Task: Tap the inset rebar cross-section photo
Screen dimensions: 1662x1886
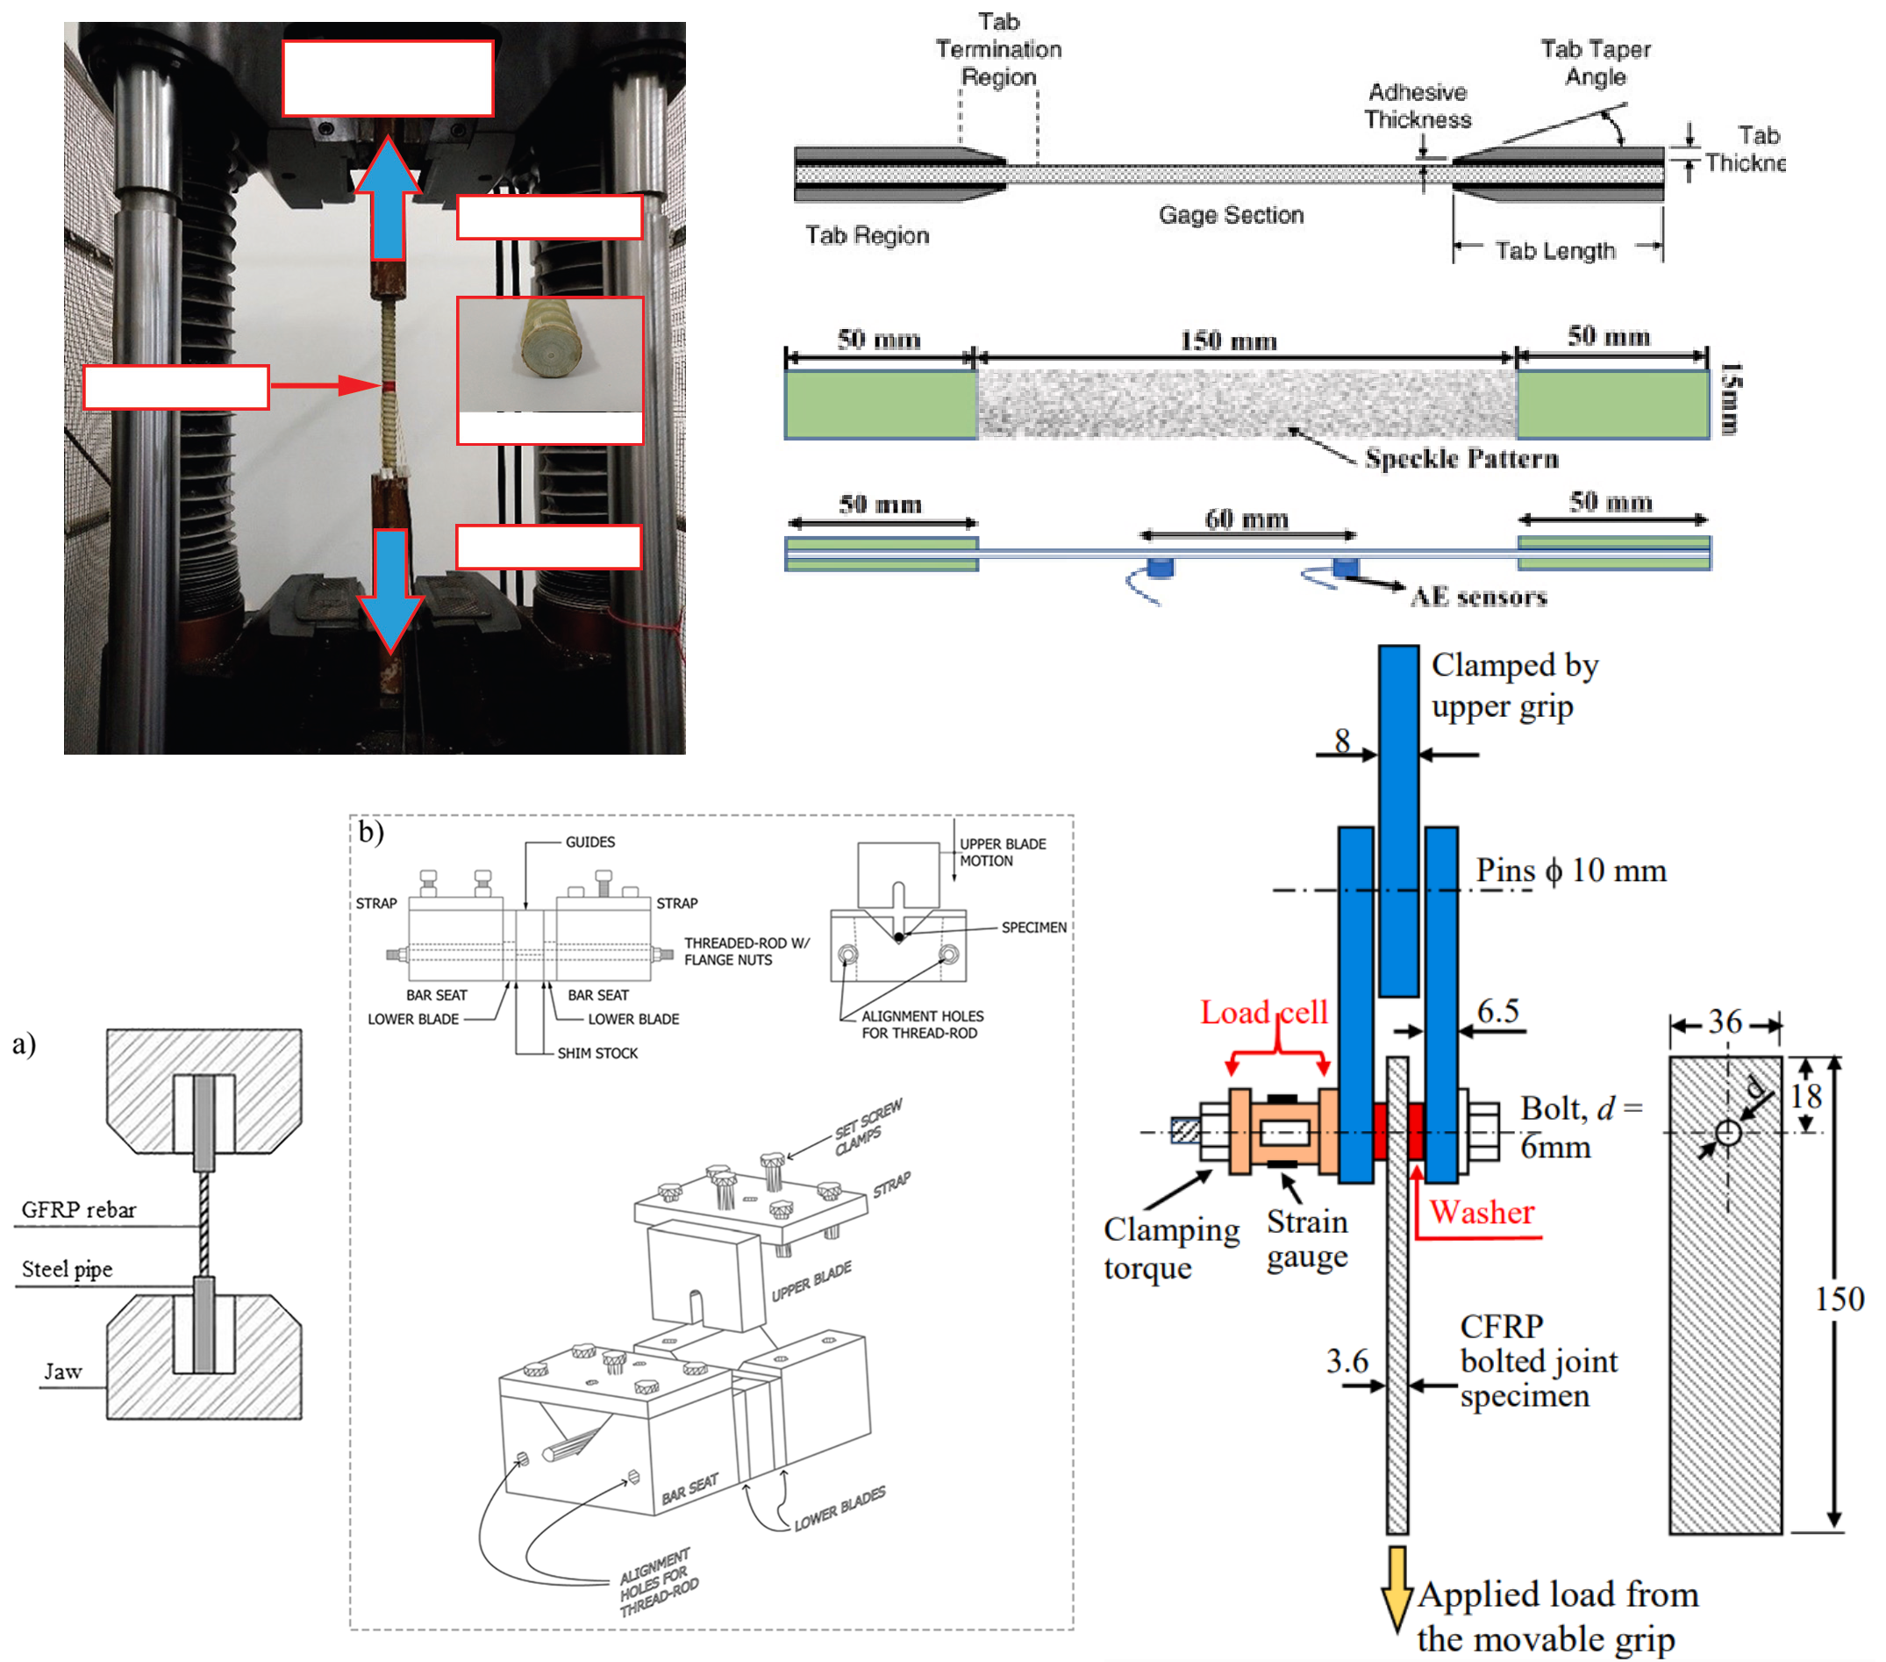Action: pos(550,355)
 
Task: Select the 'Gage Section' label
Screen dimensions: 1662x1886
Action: pos(1231,215)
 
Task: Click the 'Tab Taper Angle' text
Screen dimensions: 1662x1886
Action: pos(1596,63)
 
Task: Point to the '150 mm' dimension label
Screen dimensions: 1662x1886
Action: pos(1228,340)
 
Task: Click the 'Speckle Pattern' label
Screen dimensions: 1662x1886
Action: pos(1461,459)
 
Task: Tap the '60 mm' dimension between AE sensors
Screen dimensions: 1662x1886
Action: pos(1246,519)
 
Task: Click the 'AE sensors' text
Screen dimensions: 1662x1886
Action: pos(1478,597)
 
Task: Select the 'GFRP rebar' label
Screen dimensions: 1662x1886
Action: pos(78,1210)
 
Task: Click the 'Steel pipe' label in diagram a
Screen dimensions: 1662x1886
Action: pos(67,1269)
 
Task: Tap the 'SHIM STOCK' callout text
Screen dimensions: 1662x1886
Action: pos(597,1053)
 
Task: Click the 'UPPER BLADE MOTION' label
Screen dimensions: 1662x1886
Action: pos(1002,852)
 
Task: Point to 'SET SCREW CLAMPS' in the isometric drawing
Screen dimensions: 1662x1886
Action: pos(868,1127)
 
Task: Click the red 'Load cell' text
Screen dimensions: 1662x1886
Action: pos(1263,1013)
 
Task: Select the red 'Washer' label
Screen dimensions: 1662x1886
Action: pos(1481,1212)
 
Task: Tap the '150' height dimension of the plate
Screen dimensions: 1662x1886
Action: pos(1838,1300)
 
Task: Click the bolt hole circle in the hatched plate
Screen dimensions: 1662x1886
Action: pos(1727,1132)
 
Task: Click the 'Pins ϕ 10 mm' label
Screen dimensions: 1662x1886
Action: pos(1570,870)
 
